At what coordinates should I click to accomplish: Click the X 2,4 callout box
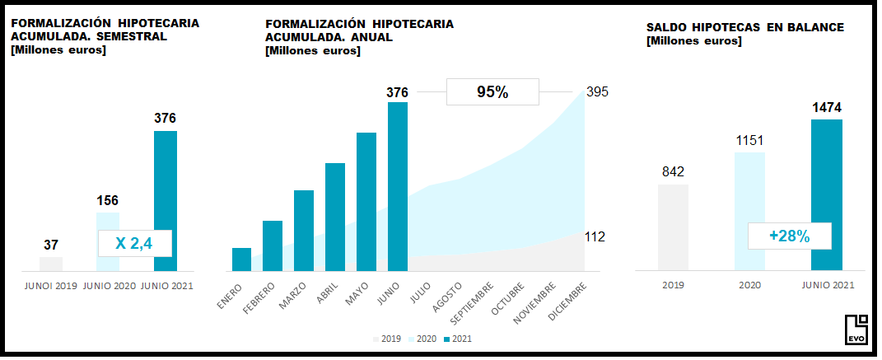point(135,243)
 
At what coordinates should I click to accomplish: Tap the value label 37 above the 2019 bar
point(50,245)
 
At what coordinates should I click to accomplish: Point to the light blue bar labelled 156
point(108,222)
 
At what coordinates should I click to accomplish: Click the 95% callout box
point(492,92)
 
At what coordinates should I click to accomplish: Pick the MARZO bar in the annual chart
point(304,230)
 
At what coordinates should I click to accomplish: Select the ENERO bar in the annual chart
point(241,259)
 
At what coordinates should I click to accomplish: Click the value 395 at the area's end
point(596,91)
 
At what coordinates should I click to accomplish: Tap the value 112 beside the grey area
point(595,237)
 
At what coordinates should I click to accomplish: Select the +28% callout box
point(789,236)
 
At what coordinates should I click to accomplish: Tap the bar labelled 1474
point(826,194)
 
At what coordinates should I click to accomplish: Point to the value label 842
point(673,171)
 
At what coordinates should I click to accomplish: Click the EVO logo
point(856,330)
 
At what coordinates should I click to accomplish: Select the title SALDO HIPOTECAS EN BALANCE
point(745,27)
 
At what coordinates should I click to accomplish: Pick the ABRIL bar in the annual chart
point(335,217)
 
